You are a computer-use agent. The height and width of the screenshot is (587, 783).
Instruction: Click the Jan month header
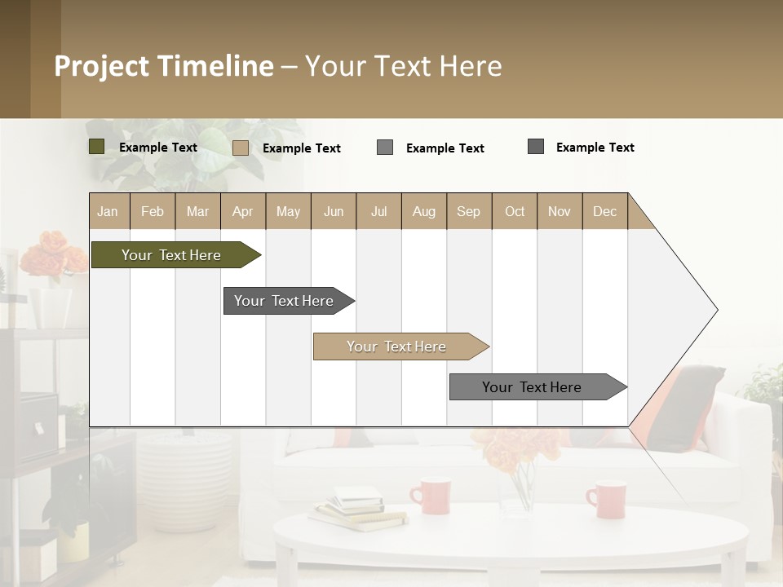point(108,211)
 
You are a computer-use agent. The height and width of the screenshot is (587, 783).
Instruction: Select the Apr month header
point(242,211)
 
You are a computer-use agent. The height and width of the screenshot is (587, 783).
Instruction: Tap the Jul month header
point(378,211)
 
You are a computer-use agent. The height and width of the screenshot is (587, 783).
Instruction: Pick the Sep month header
point(468,211)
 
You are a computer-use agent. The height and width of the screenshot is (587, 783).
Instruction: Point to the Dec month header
point(604,211)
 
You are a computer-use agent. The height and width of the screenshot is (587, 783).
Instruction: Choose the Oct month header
point(515,211)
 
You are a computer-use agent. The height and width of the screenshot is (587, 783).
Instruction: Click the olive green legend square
point(96,147)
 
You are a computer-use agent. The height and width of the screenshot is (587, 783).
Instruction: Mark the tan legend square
point(240,148)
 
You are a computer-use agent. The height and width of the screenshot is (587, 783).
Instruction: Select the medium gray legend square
point(385,148)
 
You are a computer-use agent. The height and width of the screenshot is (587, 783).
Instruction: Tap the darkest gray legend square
point(536,147)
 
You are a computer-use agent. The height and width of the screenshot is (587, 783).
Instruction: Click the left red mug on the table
point(431,496)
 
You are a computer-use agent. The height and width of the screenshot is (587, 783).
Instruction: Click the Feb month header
point(153,211)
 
